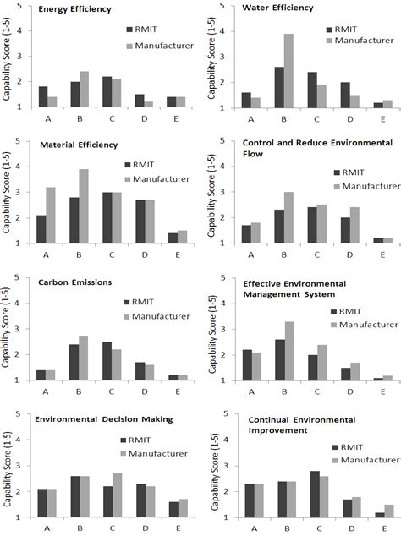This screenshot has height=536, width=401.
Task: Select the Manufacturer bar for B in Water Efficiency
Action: click(x=288, y=71)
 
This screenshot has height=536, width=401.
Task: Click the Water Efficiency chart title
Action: click(x=277, y=8)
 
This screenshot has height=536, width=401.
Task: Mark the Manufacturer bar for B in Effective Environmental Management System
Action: click(x=288, y=351)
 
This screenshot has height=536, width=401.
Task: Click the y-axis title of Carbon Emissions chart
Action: click(x=7, y=330)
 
